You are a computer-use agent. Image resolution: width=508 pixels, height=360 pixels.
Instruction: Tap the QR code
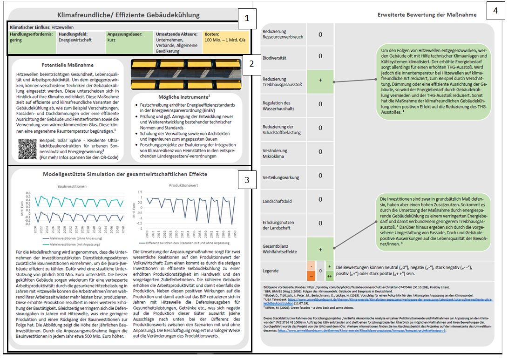[27, 149]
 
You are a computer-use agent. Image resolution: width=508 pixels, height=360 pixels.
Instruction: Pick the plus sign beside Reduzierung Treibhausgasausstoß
[320, 80]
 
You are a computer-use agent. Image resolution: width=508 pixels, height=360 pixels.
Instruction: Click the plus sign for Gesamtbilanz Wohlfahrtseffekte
[320, 250]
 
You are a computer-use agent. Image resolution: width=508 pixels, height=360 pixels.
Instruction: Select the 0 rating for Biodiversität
[320, 56]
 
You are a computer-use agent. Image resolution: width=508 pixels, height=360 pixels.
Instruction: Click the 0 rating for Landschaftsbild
[320, 200]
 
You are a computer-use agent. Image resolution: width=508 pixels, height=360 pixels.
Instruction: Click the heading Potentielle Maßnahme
[68, 65]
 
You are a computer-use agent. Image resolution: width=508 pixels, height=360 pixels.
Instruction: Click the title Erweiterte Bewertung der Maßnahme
[427, 15]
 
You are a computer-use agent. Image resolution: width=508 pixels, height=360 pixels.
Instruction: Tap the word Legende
[271, 271]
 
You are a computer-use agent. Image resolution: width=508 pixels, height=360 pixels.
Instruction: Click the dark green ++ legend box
[330, 276]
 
